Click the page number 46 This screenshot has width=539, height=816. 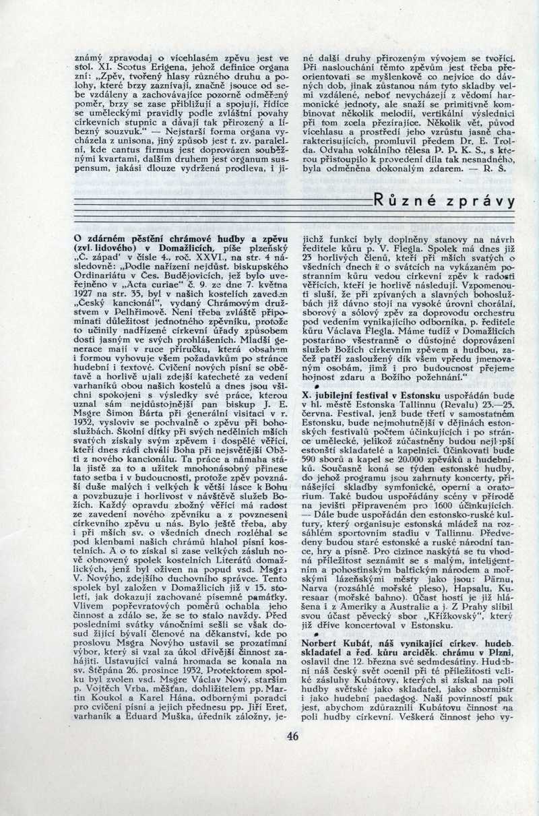[x=292, y=735]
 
